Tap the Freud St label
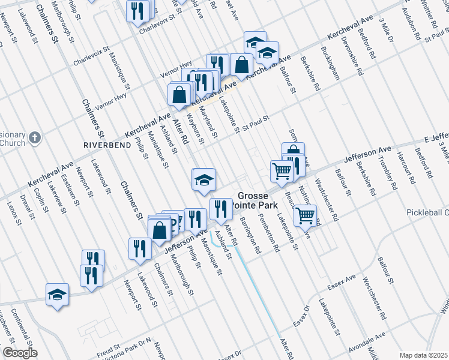click(109, 346)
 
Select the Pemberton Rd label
click(269, 232)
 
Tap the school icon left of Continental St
click(57, 294)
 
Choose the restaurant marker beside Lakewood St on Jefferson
click(140, 248)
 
